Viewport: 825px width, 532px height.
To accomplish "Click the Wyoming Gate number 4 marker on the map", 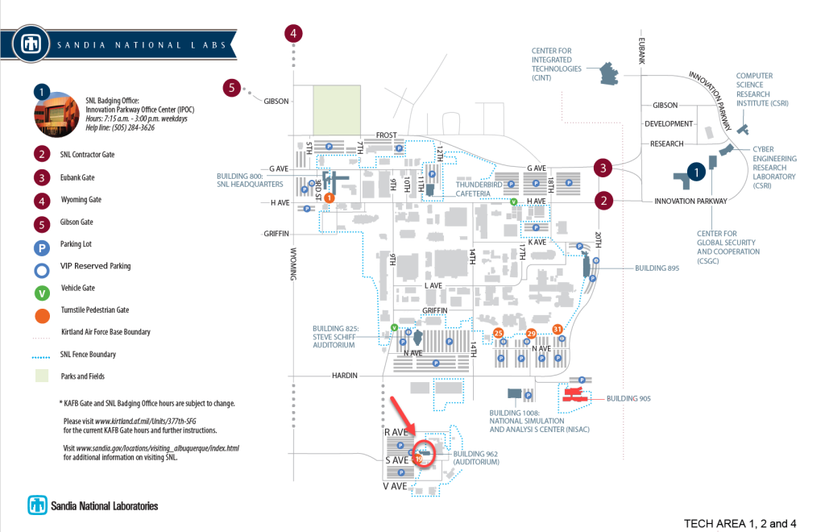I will [x=294, y=33].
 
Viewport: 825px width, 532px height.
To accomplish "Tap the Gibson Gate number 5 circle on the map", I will [x=232, y=87].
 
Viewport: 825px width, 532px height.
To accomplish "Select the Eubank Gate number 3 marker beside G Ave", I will [x=603, y=168].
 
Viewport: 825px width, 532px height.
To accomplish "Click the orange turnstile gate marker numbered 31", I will [x=558, y=328].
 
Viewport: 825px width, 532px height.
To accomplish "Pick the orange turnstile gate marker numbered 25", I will [x=498, y=333].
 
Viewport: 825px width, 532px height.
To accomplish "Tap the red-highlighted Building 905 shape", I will [x=574, y=394].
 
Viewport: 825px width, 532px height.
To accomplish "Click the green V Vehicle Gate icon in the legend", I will [x=42, y=288].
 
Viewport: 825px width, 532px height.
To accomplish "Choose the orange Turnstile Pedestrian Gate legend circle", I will [x=42, y=310].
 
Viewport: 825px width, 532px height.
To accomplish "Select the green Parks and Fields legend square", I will [x=42, y=376].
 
